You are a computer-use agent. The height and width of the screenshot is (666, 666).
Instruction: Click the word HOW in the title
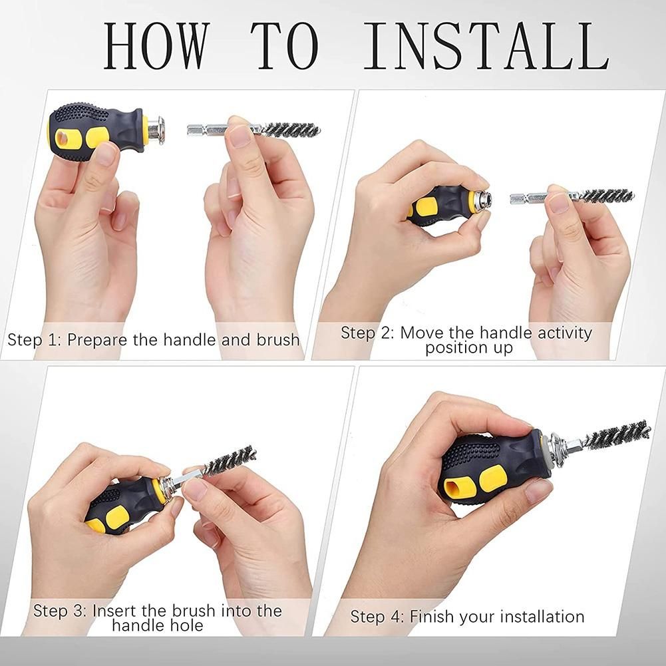pos(157,46)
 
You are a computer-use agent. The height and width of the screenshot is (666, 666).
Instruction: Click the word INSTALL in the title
pos(486,46)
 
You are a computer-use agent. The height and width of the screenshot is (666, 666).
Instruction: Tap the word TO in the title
pos(284,46)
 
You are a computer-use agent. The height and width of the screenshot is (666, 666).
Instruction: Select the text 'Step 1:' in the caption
pos(35,340)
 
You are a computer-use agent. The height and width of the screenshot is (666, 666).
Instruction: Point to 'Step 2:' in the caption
pos(368,333)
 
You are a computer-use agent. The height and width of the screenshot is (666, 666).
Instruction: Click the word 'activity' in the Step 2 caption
pos(564,333)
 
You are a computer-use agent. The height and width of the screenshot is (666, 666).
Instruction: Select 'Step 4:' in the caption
pos(378,616)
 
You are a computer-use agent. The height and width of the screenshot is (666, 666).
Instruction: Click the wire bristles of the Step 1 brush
pos(291,130)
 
